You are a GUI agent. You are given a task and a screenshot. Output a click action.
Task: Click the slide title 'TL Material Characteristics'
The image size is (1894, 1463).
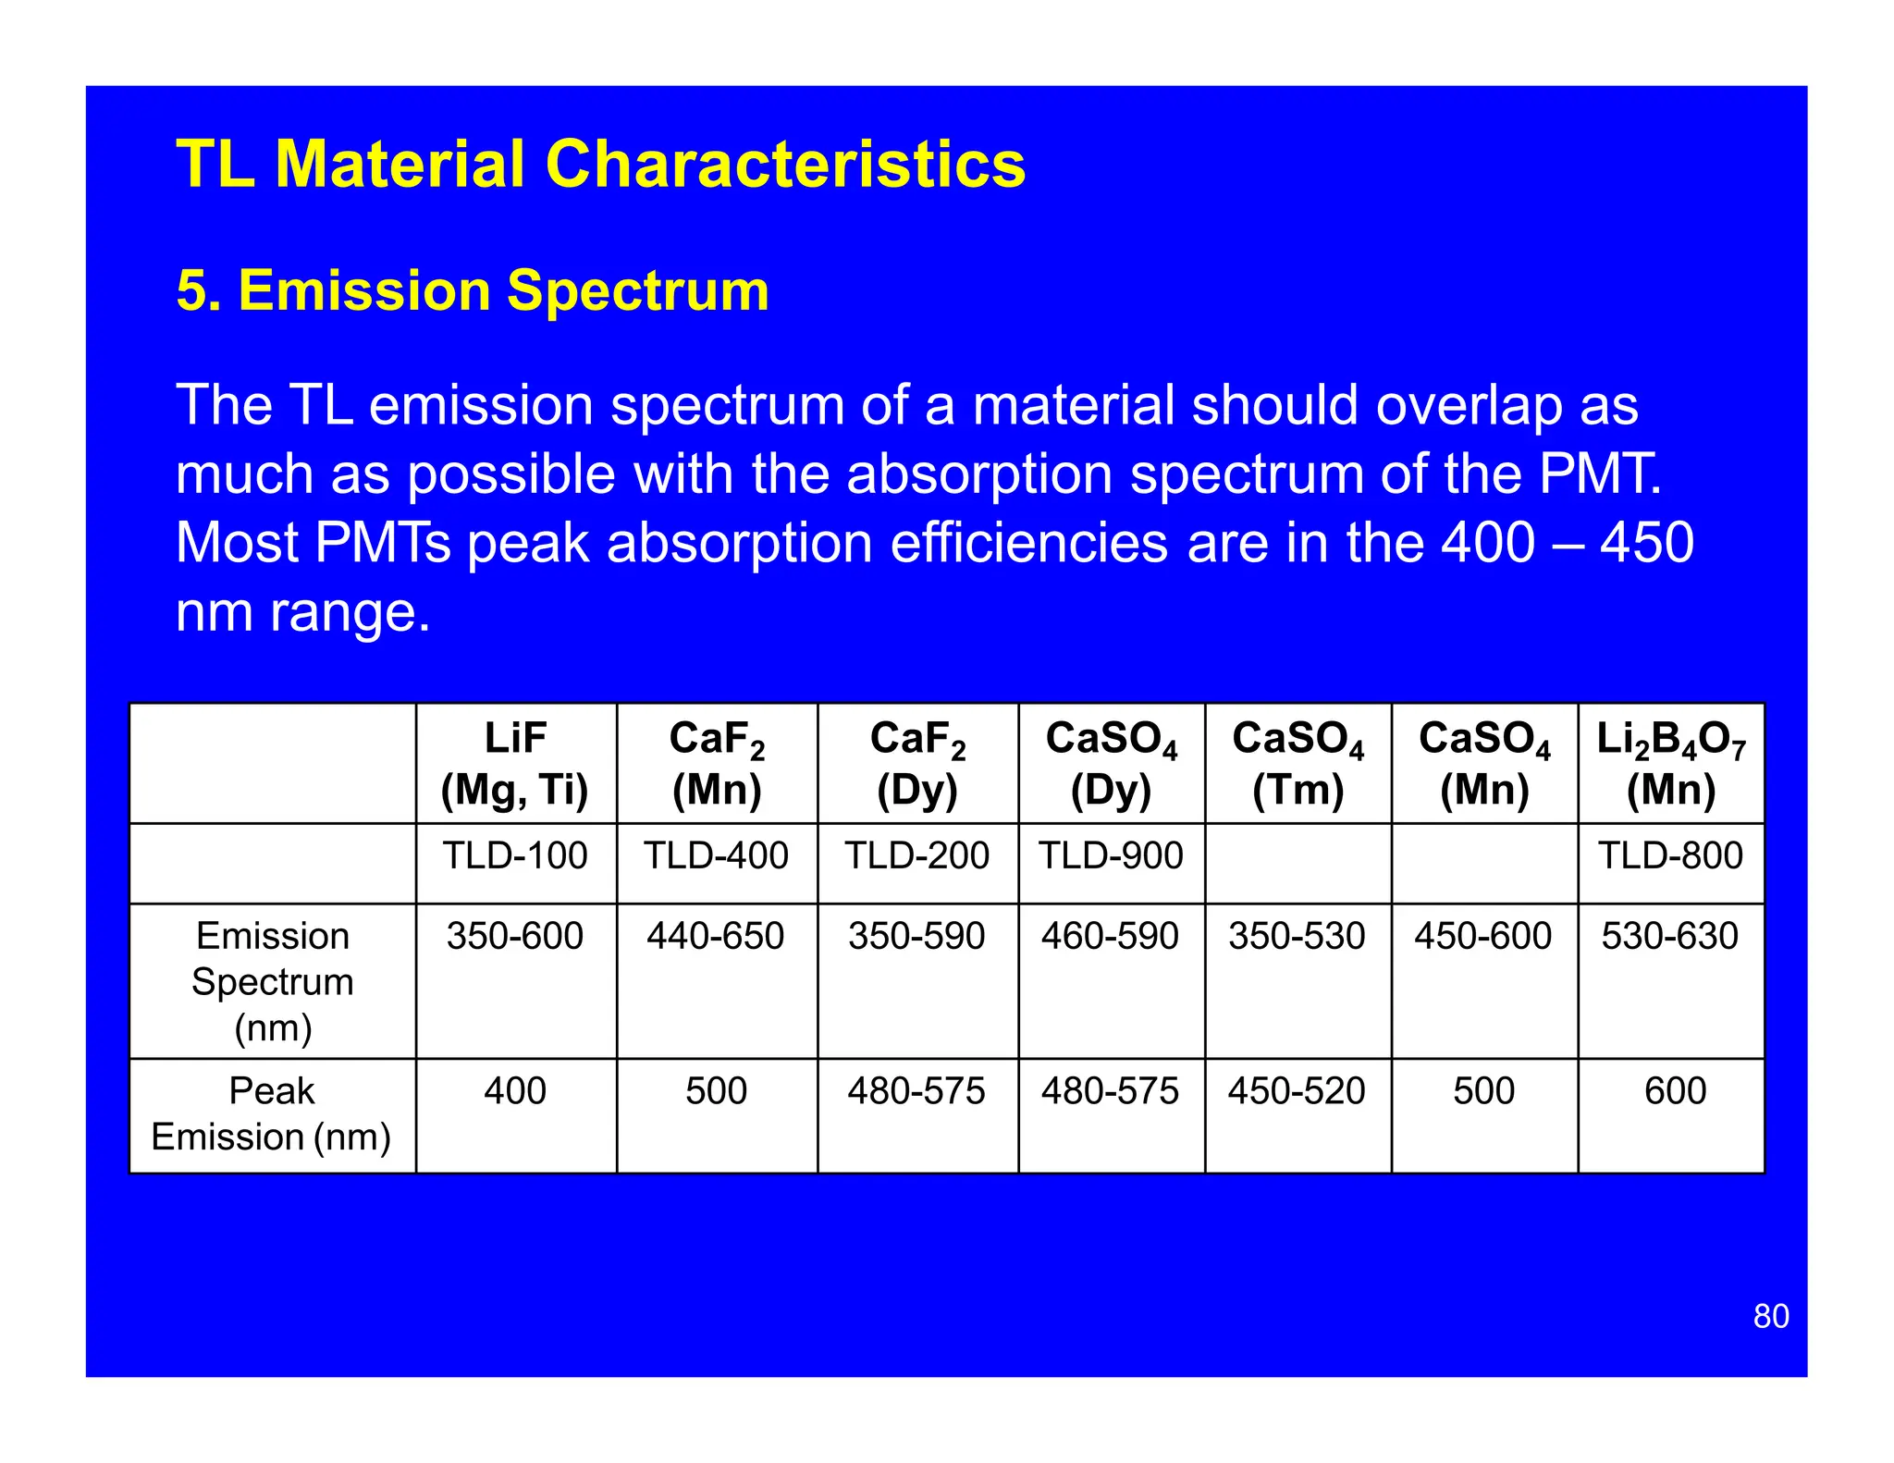[600, 165]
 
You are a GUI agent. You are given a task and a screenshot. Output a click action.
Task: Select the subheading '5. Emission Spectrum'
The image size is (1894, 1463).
[473, 290]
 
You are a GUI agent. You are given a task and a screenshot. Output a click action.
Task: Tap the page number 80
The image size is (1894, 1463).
[1770, 1316]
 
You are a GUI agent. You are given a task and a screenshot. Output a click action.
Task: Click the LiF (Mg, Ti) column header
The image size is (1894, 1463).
[515, 764]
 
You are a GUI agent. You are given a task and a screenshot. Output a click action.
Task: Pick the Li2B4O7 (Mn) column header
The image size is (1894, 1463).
[1670, 764]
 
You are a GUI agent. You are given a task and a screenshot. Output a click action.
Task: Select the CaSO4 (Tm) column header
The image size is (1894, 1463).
[1298, 764]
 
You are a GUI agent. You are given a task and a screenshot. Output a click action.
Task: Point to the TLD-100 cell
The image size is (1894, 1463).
[515, 855]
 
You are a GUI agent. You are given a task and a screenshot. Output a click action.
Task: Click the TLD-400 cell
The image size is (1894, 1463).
[716, 855]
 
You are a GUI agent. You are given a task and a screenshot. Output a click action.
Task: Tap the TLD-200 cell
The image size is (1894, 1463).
[916, 855]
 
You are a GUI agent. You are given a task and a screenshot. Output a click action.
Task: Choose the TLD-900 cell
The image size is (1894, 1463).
[1111, 855]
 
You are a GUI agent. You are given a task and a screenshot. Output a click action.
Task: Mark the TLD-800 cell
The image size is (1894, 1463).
[1670, 855]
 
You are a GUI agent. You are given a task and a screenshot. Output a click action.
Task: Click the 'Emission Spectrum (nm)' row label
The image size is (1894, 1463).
[273, 981]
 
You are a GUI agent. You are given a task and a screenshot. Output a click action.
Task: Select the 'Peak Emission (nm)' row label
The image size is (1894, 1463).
[272, 1113]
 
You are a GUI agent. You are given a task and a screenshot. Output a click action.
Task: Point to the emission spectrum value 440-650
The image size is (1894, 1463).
[716, 936]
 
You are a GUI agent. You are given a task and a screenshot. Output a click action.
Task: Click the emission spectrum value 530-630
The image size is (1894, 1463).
[1670, 936]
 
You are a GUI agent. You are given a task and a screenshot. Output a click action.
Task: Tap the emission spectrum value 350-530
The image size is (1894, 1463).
[1297, 936]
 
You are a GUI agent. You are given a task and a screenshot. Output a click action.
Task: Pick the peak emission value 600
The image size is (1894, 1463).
[1675, 1091]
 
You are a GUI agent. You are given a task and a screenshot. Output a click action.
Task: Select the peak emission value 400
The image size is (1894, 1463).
[515, 1091]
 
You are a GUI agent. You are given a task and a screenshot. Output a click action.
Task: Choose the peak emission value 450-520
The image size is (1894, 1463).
[1297, 1091]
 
